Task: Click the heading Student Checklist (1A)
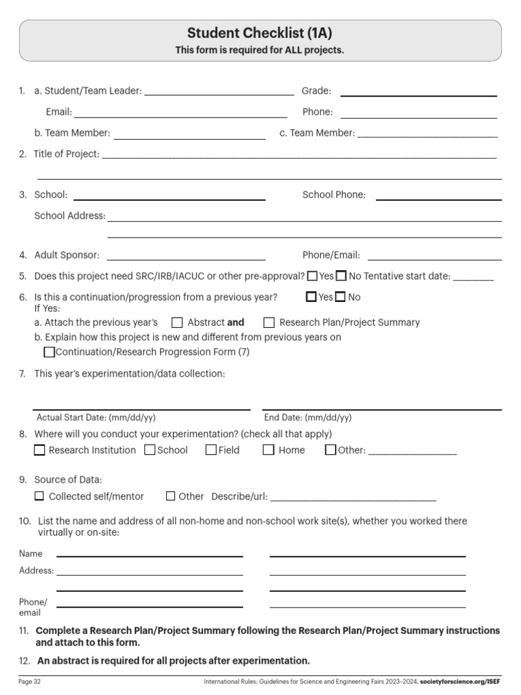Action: click(x=260, y=33)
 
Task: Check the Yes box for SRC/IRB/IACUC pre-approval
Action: click(x=312, y=276)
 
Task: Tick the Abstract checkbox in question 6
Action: click(x=177, y=322)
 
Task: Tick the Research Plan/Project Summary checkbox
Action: click(x=269, y=322)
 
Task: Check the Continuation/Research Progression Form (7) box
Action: click(x=49, y=352)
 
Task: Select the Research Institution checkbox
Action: click(x=39, y=450)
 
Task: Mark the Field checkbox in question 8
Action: click(x=211, y=450)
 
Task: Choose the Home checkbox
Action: click(x=269, y=450)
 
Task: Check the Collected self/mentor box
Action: click(x=39, y=496)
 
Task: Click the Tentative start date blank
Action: click(x=473, y=278)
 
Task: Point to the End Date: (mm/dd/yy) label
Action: click(x=308, y=418)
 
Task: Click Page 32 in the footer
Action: click(x=29, y=681)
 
